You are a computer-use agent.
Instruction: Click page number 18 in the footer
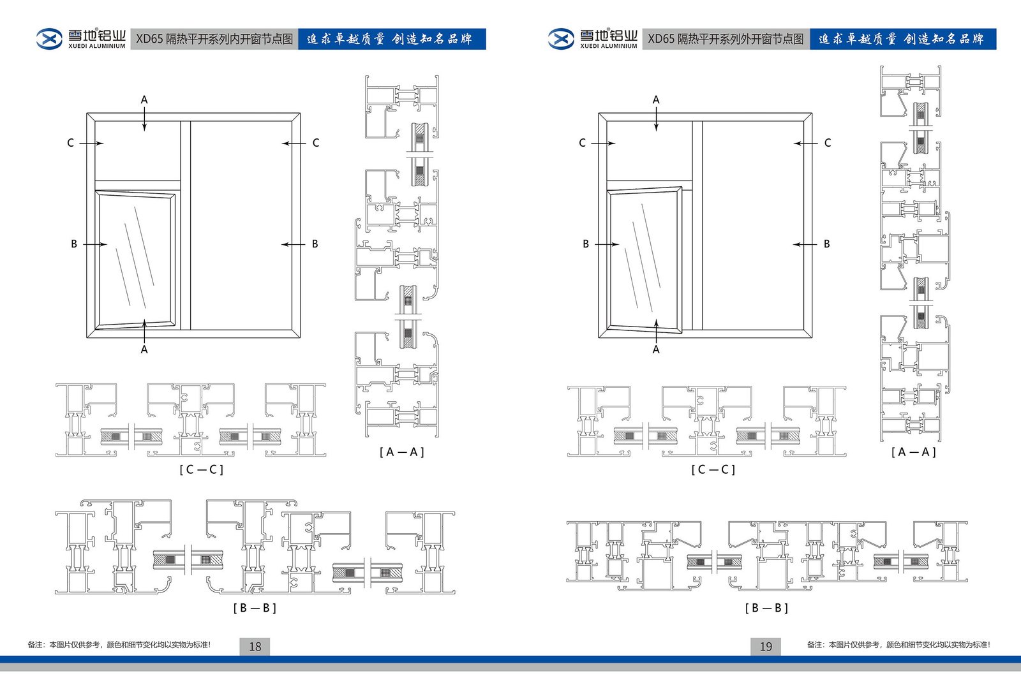255,646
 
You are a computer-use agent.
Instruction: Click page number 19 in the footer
766,646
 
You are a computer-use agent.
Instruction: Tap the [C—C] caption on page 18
201,469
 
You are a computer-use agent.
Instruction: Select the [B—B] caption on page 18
255,608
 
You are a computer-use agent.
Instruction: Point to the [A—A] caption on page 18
401,452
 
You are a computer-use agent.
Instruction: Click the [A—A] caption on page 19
913,452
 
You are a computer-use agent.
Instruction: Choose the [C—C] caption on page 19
713,469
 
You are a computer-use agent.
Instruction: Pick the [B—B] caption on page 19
766,608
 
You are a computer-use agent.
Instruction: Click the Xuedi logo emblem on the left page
49,39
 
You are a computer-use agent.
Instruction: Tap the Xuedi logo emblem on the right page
561,39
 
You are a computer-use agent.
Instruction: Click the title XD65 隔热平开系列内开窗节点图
214,39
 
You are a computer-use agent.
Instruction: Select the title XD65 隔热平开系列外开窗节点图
726,39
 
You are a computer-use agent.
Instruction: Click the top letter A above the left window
144,99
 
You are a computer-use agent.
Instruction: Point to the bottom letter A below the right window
656,350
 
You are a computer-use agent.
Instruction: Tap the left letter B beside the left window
74,244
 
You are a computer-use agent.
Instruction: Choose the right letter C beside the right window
828,143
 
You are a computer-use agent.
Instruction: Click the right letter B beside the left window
315,244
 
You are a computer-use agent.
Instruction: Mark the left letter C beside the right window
582,143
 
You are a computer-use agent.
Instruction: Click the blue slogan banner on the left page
391,39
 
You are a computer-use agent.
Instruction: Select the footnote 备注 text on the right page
898,645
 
